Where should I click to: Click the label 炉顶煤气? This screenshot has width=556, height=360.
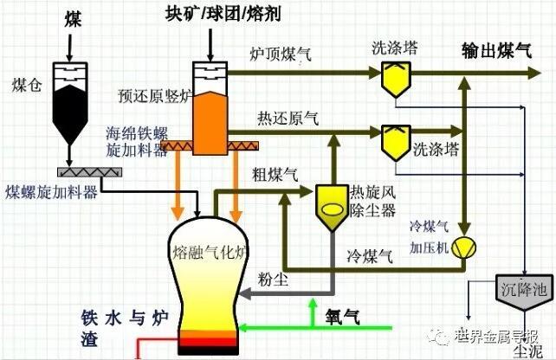(x=280, y=55)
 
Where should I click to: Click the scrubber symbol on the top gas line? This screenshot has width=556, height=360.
(x=397, y=78)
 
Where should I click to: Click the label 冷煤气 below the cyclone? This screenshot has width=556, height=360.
(x=366, y=256)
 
